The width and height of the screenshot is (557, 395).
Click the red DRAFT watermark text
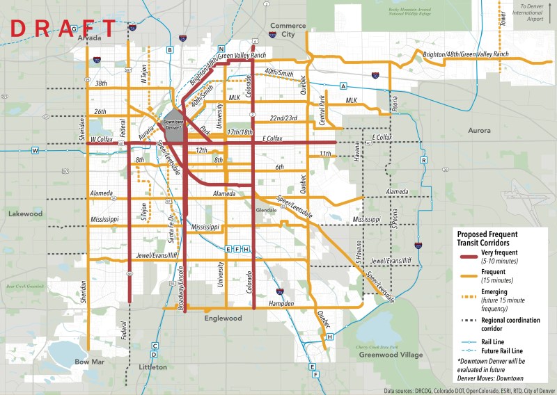coord(61,29)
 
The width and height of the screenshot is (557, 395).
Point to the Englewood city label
coord(222,319)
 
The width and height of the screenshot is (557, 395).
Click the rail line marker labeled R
coord(423,161)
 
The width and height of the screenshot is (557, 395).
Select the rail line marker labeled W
coord(34,150)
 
